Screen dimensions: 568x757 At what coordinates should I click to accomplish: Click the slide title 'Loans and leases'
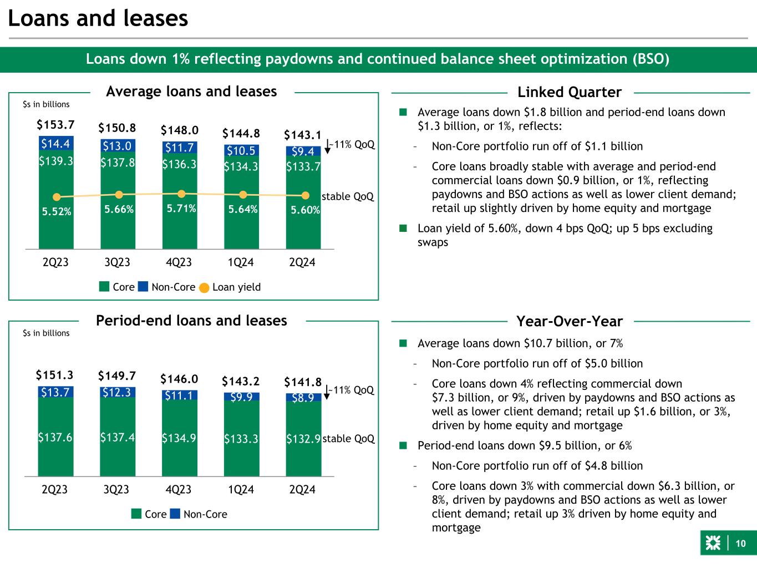point(98,19)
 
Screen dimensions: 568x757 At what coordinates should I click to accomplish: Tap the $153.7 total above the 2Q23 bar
point(55,124)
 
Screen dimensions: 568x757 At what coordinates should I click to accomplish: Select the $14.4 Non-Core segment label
point(55,144)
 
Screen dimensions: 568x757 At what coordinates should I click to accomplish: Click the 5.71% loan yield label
point(180,209)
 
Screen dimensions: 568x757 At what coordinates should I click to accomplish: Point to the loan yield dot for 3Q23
point(119,195)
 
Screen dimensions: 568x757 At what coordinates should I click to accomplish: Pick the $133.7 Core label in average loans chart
point(303,166)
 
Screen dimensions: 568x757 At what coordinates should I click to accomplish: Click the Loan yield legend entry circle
point(204,287)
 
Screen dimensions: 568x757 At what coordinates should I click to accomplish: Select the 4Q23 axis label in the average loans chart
point(179,262)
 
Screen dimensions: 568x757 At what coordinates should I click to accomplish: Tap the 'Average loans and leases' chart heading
point(191,91)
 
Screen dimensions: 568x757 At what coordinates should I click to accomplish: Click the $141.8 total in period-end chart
point(303,382)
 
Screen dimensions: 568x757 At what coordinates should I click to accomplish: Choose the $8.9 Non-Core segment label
point(303,397)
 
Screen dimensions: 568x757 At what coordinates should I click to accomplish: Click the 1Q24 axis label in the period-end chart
point(241,490)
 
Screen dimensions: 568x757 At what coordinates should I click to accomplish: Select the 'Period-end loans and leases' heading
point(192,321)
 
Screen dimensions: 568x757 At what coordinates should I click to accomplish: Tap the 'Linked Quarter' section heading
point(570,92)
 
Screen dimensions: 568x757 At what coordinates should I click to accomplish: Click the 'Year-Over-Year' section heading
point(570,322)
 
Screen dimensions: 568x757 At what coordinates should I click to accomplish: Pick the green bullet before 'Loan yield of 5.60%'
point(403,229)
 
